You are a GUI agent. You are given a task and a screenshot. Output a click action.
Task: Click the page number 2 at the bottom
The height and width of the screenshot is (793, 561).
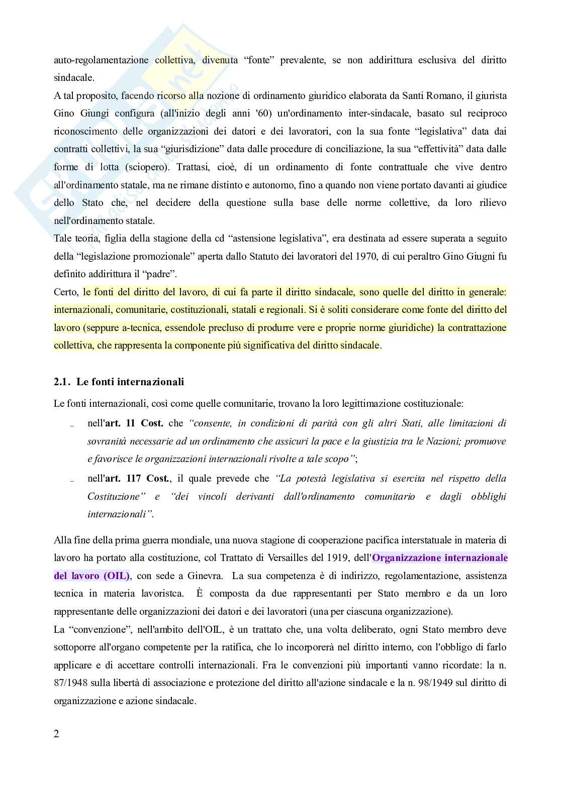pos(56,734)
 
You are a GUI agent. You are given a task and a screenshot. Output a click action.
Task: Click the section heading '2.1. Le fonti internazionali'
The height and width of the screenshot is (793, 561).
pos(119,382)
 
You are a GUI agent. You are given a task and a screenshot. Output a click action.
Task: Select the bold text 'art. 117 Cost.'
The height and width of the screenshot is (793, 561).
pos(138,479)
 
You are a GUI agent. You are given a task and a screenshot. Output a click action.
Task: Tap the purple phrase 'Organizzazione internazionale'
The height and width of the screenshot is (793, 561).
pos(440,557)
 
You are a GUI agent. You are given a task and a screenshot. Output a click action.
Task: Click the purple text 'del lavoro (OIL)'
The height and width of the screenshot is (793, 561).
pos(92,576)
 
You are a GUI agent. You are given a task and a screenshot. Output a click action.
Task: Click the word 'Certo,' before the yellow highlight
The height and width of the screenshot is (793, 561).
pos(66,292)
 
